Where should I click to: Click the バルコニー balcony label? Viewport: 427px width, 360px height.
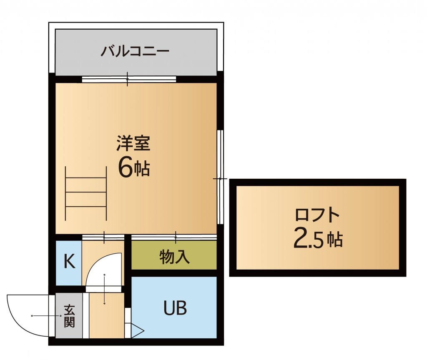click(135, 52)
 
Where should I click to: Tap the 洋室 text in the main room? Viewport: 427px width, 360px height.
click(133, 144)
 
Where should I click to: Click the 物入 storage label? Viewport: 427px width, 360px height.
click(174, 257)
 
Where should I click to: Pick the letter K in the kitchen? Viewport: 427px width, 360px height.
click(69, 262)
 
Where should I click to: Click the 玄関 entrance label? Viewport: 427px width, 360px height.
click(69, 316)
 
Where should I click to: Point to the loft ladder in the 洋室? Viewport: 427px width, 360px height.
click(86, 192)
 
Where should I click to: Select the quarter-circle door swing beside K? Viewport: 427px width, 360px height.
click(100, 269)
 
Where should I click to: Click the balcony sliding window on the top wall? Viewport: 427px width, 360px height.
click(129, 79)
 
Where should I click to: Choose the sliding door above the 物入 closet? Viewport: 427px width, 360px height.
click(174, 237)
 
